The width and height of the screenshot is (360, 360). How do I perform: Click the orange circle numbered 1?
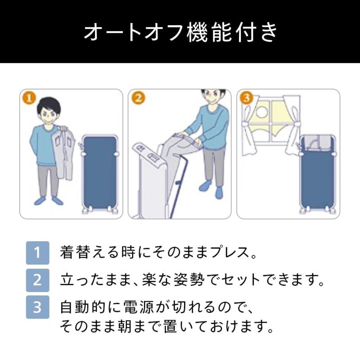29,99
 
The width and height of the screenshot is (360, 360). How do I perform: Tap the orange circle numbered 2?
138,98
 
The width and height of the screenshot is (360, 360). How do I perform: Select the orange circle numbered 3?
246,98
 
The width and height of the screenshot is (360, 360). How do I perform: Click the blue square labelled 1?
37,252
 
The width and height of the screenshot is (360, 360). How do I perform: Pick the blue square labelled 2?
37,280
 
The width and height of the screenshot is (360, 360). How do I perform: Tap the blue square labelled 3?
37,307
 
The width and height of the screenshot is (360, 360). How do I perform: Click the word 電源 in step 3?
139,307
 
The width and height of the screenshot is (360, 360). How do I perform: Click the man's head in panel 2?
212,96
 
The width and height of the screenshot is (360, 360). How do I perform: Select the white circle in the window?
261,112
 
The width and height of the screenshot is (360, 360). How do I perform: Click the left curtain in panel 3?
249,127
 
